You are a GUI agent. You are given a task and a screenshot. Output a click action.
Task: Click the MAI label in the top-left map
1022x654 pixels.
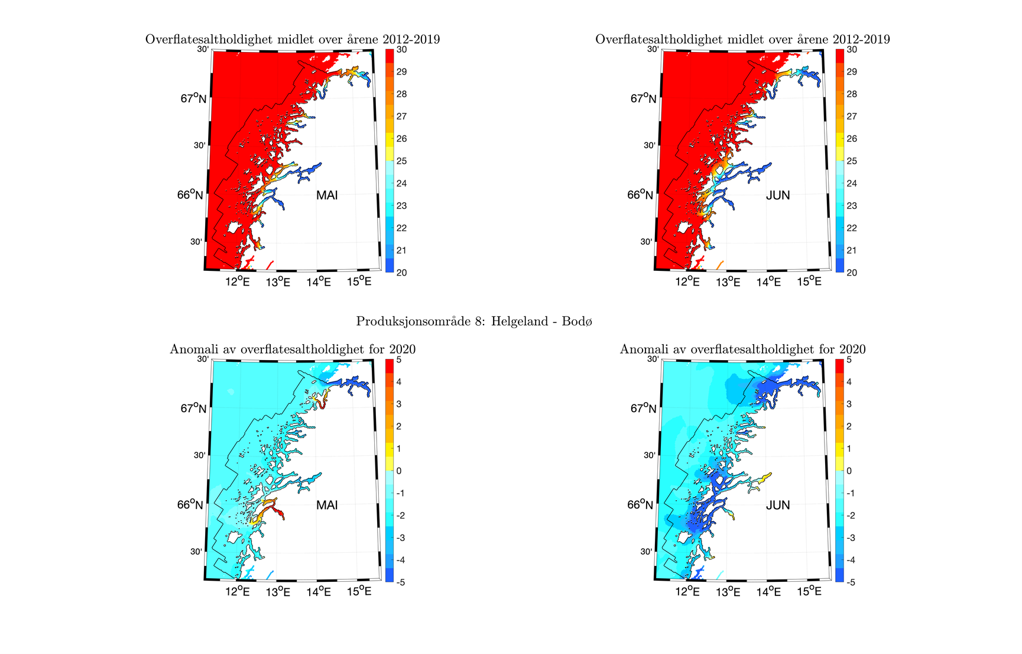327,195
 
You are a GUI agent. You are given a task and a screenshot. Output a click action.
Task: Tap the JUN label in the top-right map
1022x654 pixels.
777,195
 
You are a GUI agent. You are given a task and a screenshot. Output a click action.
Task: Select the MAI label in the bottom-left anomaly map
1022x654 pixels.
327,505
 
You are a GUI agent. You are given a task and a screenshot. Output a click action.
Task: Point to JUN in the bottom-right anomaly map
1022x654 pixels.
777,505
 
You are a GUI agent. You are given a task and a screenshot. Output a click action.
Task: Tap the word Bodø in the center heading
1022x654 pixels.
579,321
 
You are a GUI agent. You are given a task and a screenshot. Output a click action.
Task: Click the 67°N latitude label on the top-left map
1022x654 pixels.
193,98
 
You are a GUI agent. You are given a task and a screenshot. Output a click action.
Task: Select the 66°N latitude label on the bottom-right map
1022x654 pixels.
640,504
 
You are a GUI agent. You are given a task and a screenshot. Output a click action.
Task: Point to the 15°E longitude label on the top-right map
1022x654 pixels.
809,281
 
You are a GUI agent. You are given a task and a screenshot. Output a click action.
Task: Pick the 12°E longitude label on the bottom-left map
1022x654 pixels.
238,591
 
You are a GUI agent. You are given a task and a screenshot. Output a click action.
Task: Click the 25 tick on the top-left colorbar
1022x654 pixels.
401,161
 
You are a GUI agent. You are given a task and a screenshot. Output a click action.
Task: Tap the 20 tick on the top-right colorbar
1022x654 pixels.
851,273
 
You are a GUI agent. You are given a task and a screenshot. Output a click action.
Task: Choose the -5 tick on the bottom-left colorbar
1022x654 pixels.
400,582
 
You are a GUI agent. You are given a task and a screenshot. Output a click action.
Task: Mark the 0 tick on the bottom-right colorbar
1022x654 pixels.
849,471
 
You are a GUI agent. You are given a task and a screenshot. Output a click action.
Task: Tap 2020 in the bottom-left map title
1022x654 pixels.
402,349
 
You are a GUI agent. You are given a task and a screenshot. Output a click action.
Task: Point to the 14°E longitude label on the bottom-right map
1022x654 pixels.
768,591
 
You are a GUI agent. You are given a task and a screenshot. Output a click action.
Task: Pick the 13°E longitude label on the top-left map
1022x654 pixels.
278,282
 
